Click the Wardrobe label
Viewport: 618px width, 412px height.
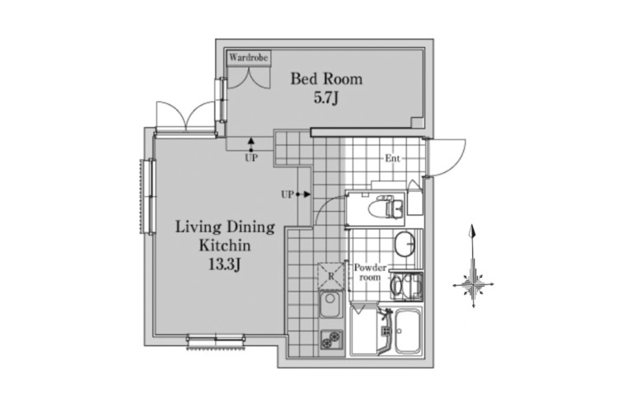click(x=248, y=58)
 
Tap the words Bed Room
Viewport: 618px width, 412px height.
click(x=326, y=79)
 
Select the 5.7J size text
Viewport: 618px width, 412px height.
click(x=326, y=98)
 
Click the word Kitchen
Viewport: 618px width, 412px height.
click(x=225, y=246)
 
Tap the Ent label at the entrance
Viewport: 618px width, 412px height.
click(x=392, y=158)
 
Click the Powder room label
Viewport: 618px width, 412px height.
click(x=370, y=273)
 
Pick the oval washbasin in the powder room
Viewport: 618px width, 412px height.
click(x=405, y=244)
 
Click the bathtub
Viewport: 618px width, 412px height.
click(x=409, y=331)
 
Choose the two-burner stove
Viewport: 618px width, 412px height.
click(x=331, y=339)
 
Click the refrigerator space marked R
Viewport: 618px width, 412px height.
click(x=331, y=276)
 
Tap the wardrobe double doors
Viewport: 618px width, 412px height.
click(x=249, y=77)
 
